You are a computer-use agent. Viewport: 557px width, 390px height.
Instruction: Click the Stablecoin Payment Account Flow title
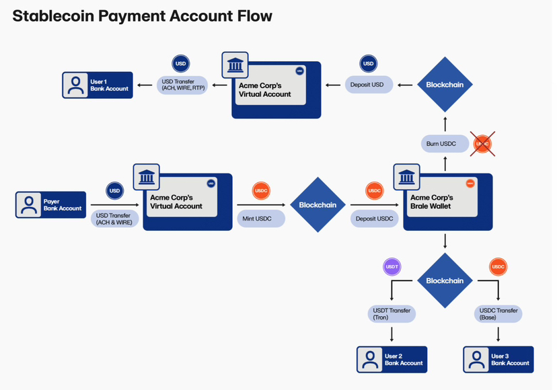tap(143, 16)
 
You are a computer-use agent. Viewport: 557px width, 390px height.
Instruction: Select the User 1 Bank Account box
tap(98, 85)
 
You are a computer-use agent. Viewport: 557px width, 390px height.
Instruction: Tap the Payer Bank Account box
tap(51, 205)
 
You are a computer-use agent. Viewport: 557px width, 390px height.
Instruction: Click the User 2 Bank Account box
tap(392, 360)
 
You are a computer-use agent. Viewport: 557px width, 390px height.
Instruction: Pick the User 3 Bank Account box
tap(498, 360)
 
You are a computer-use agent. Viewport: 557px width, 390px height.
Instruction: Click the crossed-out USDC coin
tap(482, 143)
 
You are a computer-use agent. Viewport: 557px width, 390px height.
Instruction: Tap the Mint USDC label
tap(261, 219)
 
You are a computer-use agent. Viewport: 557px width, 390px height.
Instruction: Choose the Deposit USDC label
tap(374, 219)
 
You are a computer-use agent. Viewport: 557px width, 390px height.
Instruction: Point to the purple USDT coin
tap(392, 267)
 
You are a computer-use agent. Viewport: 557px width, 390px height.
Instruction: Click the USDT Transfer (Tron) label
tap(392, 313)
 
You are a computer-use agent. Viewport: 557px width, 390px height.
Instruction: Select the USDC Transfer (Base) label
tap(498, 313)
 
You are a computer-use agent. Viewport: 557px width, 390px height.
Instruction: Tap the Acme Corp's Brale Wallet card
tap(447, 202)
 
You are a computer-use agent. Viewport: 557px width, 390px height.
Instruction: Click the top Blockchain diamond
tap(445, 85)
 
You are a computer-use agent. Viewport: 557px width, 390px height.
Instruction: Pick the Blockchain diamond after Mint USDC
tap(318, 205)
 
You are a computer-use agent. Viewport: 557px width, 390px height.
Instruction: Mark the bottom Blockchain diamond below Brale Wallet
tap(445, 280)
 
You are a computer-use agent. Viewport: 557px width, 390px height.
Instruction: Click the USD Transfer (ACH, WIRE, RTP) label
tap(182, 85)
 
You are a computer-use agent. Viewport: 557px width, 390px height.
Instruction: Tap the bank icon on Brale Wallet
tap(405, 177)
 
